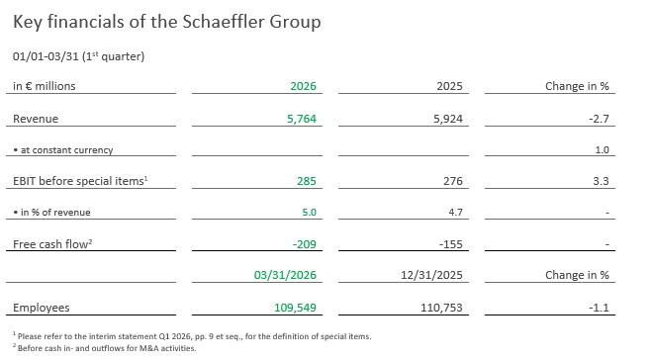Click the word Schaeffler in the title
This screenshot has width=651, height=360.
[224, 22]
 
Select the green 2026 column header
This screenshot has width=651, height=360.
[303, 86]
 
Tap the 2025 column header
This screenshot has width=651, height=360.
[449, 86]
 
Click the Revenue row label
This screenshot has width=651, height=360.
[36, 119]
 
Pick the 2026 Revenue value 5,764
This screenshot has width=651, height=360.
[302, 119]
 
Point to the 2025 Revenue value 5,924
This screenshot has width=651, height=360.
[448, 119]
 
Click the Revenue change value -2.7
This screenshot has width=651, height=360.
[599, 119]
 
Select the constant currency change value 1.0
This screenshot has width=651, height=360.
[602, 150]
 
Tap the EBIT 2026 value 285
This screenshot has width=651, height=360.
[307, 181]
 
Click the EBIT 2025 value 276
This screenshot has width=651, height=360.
[452, 181]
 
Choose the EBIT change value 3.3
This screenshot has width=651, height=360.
[601, 181]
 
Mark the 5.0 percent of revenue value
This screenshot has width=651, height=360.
[309, 213]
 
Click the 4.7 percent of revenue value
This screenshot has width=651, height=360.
[455, 213]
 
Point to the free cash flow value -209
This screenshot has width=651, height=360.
[305, 244]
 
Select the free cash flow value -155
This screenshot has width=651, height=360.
[450, 244]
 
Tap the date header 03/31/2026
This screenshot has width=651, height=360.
[285, 275]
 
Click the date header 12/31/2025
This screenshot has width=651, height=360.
[431, 275]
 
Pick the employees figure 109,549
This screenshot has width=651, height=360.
[295, 308]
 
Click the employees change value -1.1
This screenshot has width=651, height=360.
[599, 308]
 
